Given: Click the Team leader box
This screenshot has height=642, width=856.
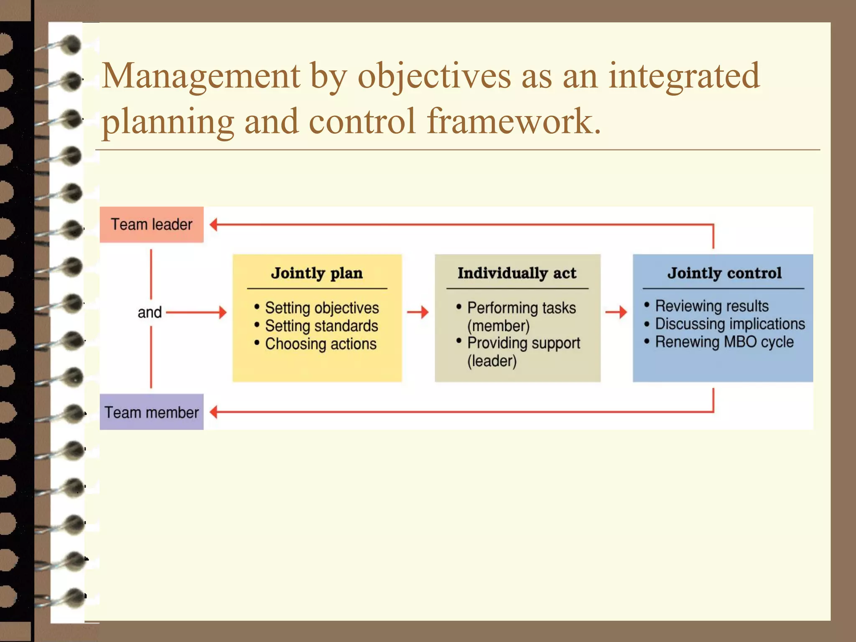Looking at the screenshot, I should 151,224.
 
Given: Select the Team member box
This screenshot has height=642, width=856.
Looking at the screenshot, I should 151,412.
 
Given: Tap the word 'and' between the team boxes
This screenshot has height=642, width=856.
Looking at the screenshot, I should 150,312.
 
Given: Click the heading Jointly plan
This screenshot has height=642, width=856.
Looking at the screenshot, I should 317,273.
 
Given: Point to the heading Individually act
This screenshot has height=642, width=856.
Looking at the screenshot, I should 517,273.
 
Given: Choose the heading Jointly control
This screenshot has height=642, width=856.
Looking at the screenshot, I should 724,273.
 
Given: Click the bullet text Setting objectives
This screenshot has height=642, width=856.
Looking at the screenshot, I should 321,308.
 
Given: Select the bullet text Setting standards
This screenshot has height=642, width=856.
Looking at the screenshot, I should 321,326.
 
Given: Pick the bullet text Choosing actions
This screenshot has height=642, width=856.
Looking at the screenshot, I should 320,344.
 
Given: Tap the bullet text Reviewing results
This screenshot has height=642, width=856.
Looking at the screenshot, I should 711,306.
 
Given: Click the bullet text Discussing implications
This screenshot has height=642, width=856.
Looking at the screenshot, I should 729,324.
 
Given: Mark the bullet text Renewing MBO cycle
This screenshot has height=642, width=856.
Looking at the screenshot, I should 724,342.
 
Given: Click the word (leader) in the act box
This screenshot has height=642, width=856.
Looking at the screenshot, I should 492,361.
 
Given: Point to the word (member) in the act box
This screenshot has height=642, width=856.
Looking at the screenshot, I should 498,326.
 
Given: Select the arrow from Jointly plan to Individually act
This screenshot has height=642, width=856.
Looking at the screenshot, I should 418,312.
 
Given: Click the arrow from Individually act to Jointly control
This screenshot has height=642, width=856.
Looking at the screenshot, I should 616,312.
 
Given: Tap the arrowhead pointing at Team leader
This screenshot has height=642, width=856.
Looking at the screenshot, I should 214,224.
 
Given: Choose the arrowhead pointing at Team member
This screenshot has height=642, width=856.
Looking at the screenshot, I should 214,412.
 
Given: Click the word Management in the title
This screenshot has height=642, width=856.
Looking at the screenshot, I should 201,76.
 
